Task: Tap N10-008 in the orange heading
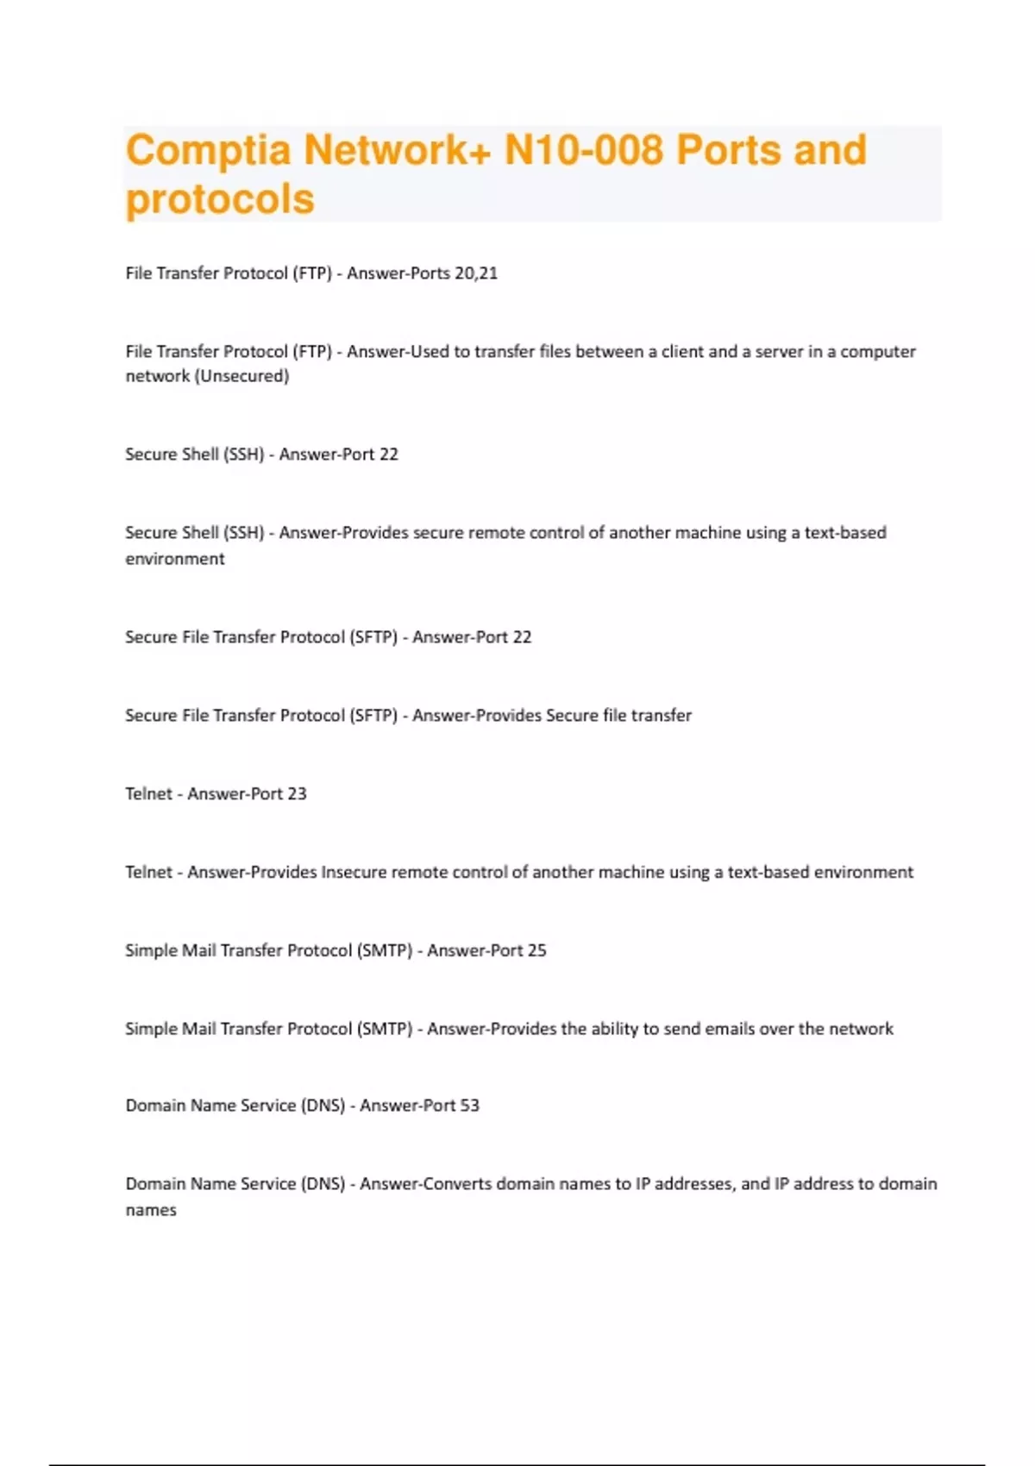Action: pyautogui.click(x=583, y=150)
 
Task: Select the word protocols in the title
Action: pyautogui.click(x=220, y=199)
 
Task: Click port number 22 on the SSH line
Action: pyautogui.click(x=389, y=454)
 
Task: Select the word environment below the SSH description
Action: pyautogui.click(x=175, y=559)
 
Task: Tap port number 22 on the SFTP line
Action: pyautogui.click(x=522, y=637)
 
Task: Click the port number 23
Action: pyautogui.click(x=297, y=794)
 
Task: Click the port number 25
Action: pyautogui.click(x=536, y=950)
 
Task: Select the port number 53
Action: pyautogui.click(x=469, y=1106)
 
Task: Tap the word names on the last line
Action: pyautogui.click(x=151, y=1210)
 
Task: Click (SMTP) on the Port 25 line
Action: pyautogui.click(x=385, y=950)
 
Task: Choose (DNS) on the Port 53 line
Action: pyautogui.click(x=323, y=1106)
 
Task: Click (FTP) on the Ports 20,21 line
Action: pyautogui.click(x=312, y=273)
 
